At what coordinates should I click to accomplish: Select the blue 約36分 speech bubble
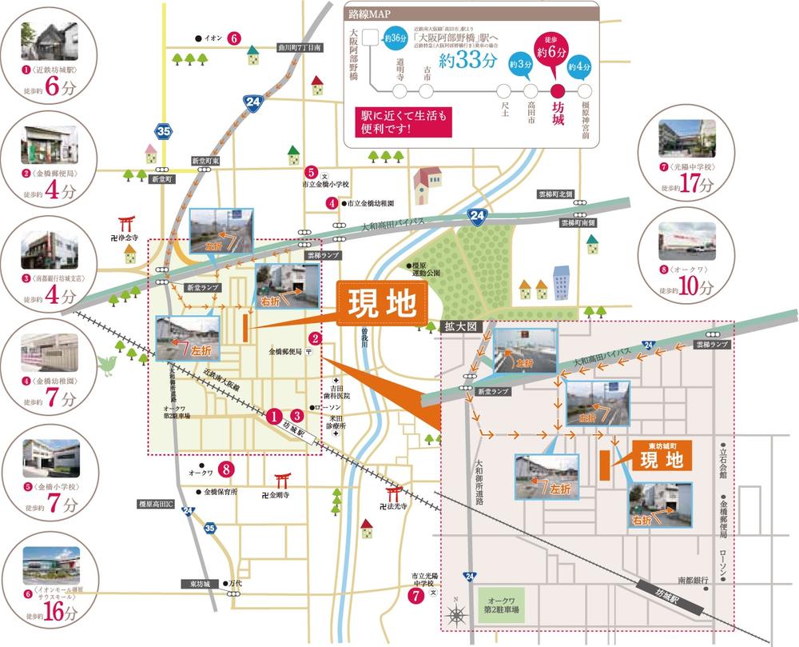[395, 38]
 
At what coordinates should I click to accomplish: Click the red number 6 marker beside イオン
[233, 38]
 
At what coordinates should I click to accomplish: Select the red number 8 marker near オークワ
[227, 469]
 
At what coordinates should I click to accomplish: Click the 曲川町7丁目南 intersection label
[299, 48]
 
